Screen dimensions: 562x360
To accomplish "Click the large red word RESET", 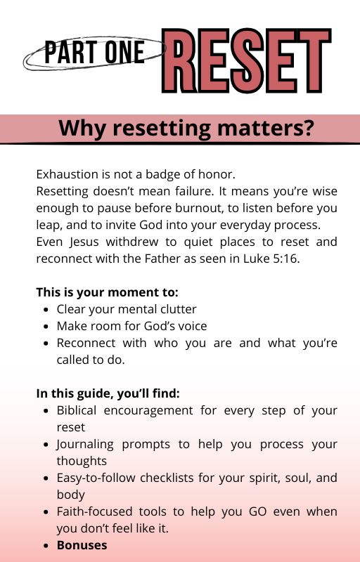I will point(246,60).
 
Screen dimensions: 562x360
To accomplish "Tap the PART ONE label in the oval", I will point(94,53).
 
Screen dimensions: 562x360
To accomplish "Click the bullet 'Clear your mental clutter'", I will point(127,309).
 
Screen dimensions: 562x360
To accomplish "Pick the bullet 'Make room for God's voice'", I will point(131,326).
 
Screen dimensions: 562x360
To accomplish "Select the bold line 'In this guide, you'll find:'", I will point(108,393).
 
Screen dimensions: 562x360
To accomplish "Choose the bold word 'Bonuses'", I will point(82,545).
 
